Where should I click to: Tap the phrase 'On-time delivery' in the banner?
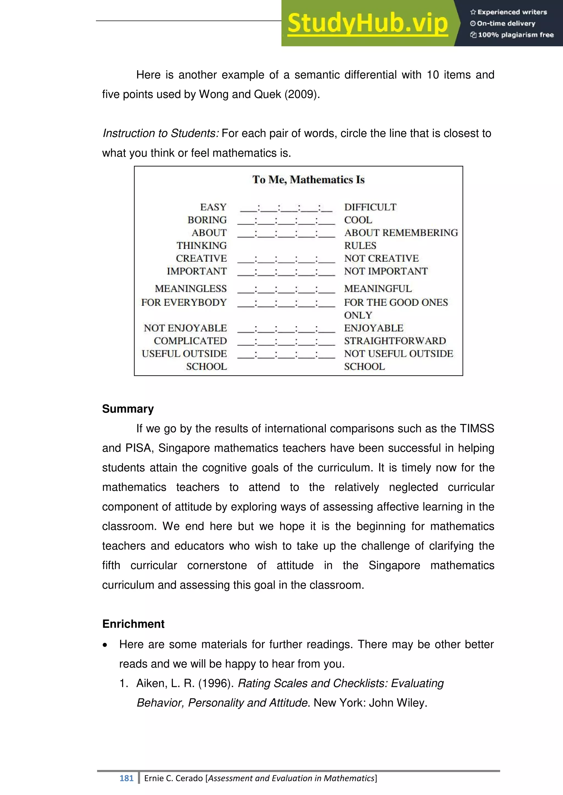pos(506,24)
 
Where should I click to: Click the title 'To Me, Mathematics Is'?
pos(308,180)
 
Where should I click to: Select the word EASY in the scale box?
pos(213,207)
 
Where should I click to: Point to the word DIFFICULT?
pos(370,207)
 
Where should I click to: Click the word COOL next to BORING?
pos(358,220)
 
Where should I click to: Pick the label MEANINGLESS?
pos(191,289)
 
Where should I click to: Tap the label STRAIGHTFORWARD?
pos(395,341)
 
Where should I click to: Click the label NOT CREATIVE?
pos(381,258)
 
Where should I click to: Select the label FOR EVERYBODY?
pos(184,302)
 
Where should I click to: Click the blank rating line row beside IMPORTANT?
pos(286,272)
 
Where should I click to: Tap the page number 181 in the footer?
pos(126,778)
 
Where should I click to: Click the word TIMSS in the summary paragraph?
pos(477,429)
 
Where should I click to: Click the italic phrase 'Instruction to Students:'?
pos(161,133)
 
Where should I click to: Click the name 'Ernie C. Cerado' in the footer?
pos(173,778)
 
